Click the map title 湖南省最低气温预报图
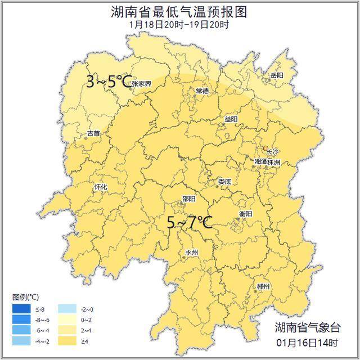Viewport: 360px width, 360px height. point(179,12)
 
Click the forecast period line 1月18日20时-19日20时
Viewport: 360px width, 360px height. point(179,25)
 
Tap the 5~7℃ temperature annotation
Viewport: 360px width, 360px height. point(190,223)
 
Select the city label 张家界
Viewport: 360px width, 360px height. point(141,84)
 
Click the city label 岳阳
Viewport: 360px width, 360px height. point(277,75)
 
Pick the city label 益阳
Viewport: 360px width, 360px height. point(231,119)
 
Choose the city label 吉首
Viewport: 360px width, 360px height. point(93,133)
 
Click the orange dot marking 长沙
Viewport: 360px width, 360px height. point(266,148)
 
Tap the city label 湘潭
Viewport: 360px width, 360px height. point(261,162)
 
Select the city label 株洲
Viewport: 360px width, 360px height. point(274,162)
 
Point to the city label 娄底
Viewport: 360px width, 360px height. point(224,181)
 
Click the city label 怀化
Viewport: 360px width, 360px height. point(101,187)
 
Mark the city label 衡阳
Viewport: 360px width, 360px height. point(245,214)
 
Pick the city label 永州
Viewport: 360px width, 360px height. point(191,253)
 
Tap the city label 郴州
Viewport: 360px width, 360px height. point(262,286)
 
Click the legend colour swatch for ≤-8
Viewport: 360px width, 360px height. point(22,308)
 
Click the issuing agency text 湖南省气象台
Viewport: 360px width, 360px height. point(308,328)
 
